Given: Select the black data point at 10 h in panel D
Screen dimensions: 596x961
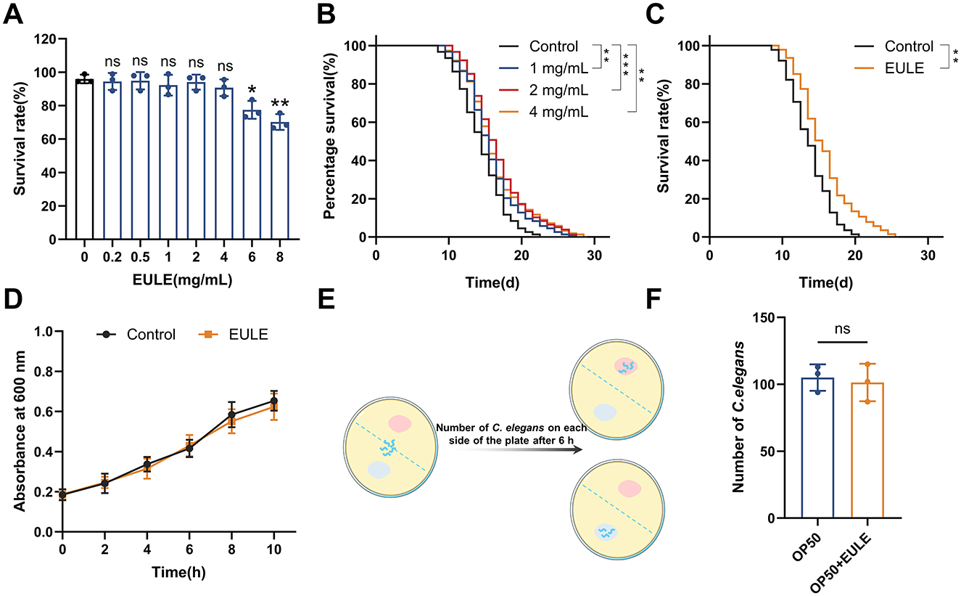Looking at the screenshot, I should [274, 401].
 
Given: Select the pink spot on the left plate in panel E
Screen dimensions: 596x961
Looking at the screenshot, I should [400, 423].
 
